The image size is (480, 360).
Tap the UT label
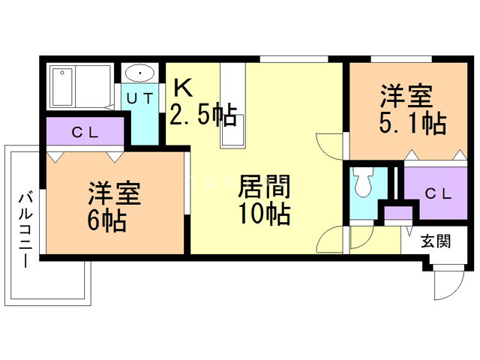coord(139,97)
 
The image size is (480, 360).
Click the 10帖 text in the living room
coord(264,214)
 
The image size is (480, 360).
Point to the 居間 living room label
coord(264,186)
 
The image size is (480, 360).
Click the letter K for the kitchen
coord(184,88)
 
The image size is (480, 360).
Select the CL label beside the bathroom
coord(85,133)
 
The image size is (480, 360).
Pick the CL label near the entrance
coord(438,193)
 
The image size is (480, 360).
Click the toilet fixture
coord(363,182)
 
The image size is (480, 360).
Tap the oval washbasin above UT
coord(139,73)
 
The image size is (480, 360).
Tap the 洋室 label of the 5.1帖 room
coord(405,95)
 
